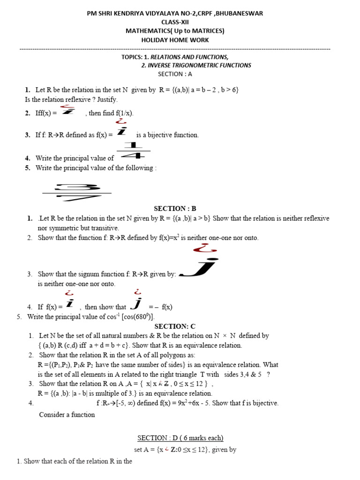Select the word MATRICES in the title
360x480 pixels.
coord(206,31)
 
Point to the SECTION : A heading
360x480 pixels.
coord(175,74)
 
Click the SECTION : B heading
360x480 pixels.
coord(175,209)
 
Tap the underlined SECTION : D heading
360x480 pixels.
coord(180,438)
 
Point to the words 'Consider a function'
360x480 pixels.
coord(67,414)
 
